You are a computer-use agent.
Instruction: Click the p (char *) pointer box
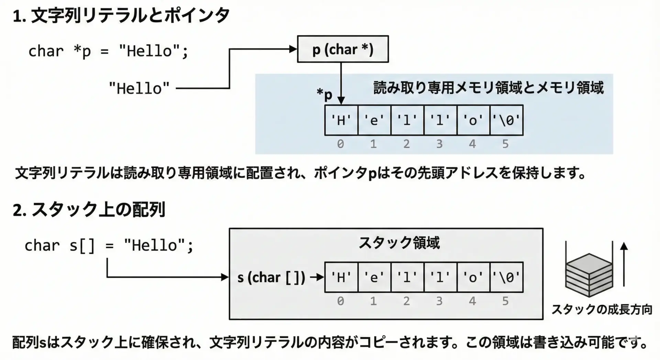tap(343, 49)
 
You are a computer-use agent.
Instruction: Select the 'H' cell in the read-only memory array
tap(341, 120)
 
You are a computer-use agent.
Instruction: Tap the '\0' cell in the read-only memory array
tap(506, 120)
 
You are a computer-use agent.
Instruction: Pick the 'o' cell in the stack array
tap(473, 277)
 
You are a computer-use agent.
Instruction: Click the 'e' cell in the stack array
tap(374, 277)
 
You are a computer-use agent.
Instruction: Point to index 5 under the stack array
tap(505, 301)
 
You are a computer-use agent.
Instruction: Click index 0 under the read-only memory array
tap(340, 144)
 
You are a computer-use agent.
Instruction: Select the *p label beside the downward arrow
tap(324, 94)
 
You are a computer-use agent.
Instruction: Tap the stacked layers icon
tap(589, 275)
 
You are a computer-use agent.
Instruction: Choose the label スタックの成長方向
tap(602, 309)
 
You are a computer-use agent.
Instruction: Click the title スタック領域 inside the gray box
tap(399, 243)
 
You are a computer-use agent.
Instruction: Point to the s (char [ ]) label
tap(271, 277)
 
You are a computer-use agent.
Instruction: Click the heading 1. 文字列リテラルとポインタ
tap(121, 16)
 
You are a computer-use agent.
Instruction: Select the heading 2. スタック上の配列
tap(89, 209)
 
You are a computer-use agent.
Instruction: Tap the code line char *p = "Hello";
tap(108, 52)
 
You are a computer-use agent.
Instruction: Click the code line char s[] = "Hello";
tap(109, 246)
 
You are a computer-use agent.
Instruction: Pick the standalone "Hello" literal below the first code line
tap(139, 89)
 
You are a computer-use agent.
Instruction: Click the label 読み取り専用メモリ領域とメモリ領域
tap(488, 88)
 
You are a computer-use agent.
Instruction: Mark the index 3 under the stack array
tap(439, 301)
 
